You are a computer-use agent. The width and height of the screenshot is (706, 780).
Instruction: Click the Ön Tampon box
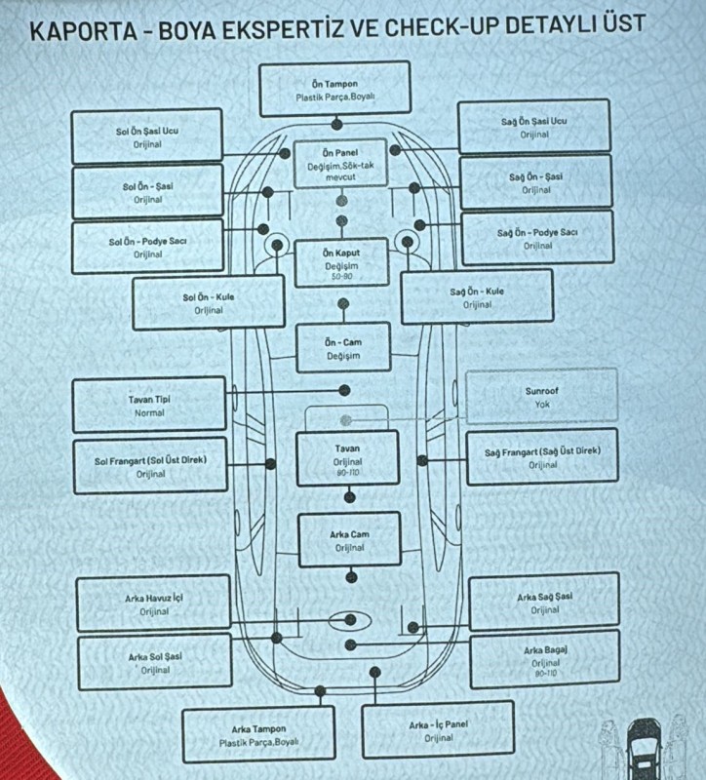334,89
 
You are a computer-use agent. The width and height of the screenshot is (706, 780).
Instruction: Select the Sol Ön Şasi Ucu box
147,136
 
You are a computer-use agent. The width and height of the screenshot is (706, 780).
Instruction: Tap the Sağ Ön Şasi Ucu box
533,127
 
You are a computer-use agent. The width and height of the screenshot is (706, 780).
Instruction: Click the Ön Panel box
340,164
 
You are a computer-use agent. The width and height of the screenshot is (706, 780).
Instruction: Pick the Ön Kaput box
341,263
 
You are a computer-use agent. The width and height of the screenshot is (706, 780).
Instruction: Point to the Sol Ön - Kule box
209,302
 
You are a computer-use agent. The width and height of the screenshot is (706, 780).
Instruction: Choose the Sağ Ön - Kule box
477,297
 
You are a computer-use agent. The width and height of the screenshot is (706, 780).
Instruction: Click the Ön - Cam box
343,348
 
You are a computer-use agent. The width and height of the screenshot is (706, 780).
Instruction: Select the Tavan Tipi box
149,405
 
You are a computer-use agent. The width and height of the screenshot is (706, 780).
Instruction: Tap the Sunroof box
542,397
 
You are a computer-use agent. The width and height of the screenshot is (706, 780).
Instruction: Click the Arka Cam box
349,540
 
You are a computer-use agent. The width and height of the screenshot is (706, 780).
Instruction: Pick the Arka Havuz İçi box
154,604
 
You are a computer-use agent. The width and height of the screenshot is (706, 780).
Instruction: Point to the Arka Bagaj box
545,660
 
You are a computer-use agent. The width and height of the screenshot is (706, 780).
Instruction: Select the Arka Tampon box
258,735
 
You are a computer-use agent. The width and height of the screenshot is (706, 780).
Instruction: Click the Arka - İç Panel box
439,730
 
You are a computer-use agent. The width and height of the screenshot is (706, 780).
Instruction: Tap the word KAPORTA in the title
83,31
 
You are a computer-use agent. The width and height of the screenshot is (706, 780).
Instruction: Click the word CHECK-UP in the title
441,27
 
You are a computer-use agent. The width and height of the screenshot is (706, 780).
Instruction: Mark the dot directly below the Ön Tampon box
336,124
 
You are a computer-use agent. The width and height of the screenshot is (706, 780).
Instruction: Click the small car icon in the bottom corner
644,747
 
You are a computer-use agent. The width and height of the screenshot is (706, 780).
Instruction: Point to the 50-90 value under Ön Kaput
341,276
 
